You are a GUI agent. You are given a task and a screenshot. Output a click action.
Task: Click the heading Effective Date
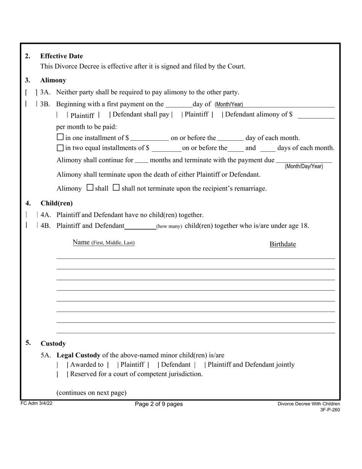pos(61,56)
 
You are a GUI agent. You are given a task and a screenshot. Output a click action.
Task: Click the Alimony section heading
pos(53,80)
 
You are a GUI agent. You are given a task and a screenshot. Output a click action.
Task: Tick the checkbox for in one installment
pos(60,137)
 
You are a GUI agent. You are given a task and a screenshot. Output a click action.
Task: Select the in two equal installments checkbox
pos(60,148)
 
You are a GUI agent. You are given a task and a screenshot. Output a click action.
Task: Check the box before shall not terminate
pos(116,188)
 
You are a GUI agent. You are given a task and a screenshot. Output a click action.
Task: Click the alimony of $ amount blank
pos(316,115)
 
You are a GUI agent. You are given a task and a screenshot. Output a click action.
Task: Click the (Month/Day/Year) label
pos(304,166)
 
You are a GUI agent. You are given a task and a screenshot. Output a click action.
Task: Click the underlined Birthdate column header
pos(282,244)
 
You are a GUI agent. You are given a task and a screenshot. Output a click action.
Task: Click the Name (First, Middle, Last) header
pos(104,243)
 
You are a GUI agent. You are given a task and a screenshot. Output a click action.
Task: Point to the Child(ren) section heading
pos(56,203)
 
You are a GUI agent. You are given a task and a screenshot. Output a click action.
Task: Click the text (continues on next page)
pos(91,393)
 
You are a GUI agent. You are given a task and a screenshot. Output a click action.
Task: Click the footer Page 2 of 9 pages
pos(159,404)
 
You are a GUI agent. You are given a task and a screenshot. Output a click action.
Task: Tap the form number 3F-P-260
pos(330,410)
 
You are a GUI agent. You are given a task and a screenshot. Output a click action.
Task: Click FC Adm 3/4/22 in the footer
pos(37,403)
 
